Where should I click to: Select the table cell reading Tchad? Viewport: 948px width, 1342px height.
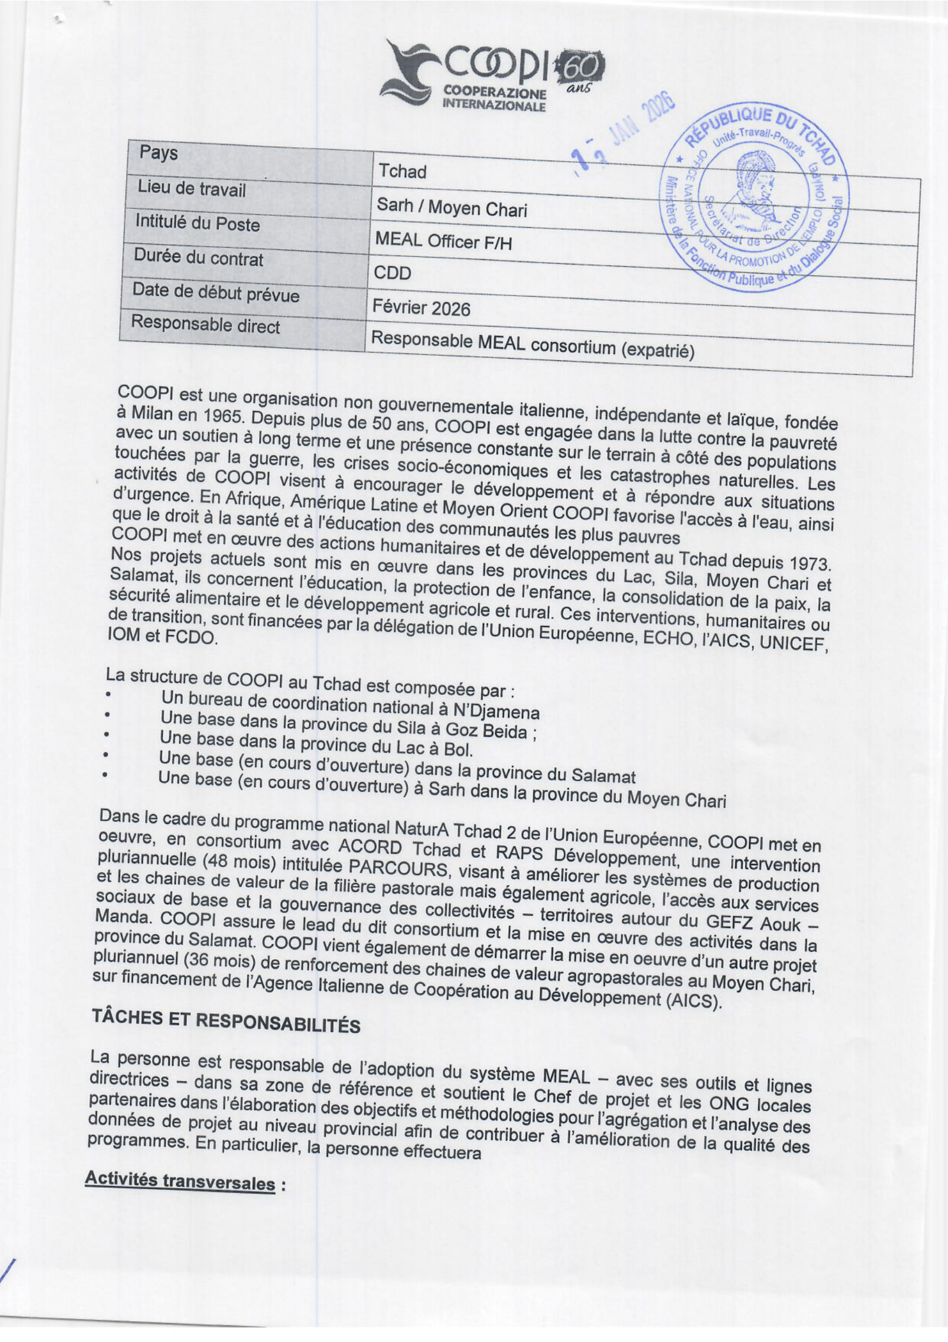(x=403, y=171)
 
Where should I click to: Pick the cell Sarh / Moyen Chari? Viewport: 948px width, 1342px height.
(x=451, y=207)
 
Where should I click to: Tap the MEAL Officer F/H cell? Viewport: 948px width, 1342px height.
(x=443, y=240)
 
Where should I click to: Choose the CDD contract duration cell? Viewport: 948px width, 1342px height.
(x=392, y=273)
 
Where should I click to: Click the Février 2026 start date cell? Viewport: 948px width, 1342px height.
(x=422, y=308)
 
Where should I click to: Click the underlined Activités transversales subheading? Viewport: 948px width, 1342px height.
(x=180, y=1181)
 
